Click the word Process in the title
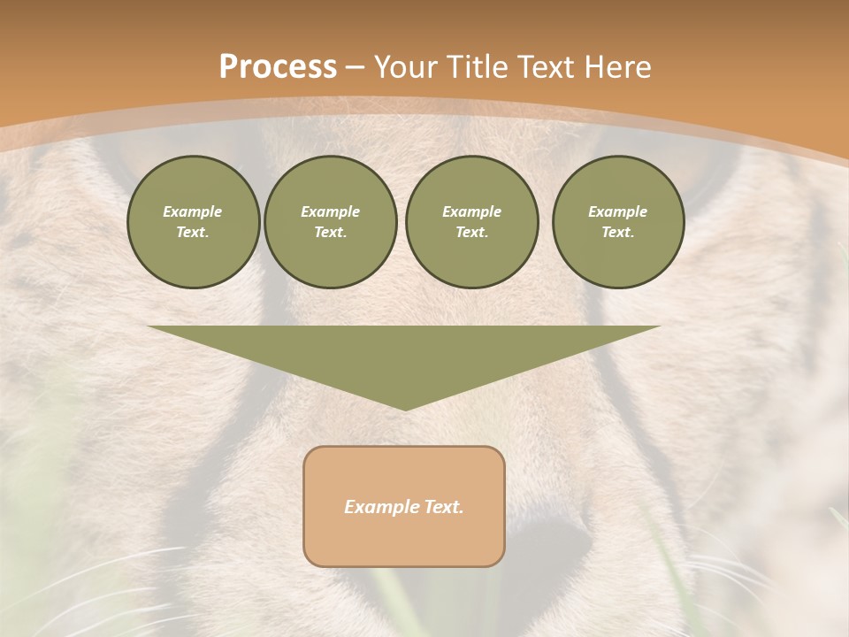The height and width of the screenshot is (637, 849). click(x=278, y=67)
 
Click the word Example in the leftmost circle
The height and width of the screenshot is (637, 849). click(x=193, y=211)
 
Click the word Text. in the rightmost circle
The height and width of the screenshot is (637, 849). click(x=618, y=233)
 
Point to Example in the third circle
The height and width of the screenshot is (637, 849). click(x=471, y=211)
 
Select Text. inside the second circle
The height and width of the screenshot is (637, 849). click(x=330, y=233)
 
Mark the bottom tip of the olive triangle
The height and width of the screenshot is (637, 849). click(x=405, y=408)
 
